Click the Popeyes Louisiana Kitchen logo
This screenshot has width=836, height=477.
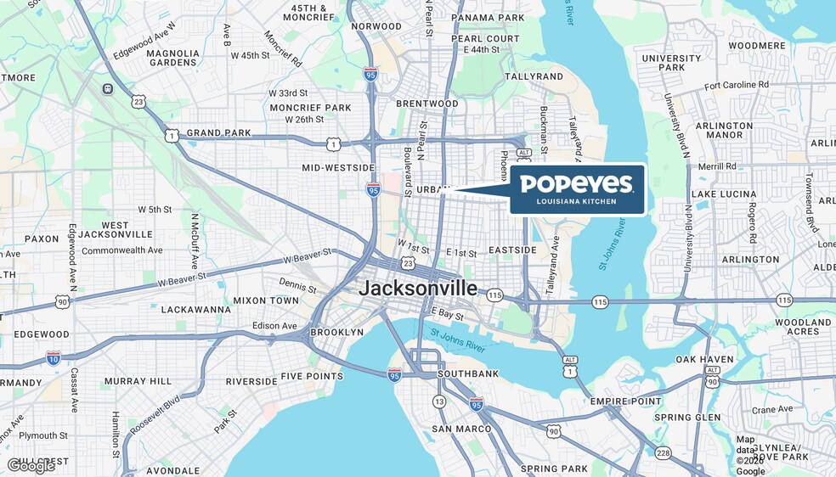(578, 188)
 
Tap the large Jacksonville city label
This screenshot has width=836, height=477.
(418, 288)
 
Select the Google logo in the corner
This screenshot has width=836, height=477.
(31, 465)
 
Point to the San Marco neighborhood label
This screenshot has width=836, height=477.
(461, 429)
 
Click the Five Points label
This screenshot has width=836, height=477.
(312, 376)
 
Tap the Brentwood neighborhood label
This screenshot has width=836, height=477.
(426, 104)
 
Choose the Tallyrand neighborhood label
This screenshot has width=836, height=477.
(534, 76)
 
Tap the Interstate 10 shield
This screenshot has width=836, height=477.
(54, 357)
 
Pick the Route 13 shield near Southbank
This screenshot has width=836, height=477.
(439, 401)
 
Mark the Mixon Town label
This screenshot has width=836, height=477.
(266, 300)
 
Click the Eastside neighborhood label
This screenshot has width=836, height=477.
(512, 250)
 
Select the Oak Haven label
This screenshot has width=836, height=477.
(704, 359)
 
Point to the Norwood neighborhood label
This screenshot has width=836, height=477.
(376, 26)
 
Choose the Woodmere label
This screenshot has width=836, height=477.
(757, 45)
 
